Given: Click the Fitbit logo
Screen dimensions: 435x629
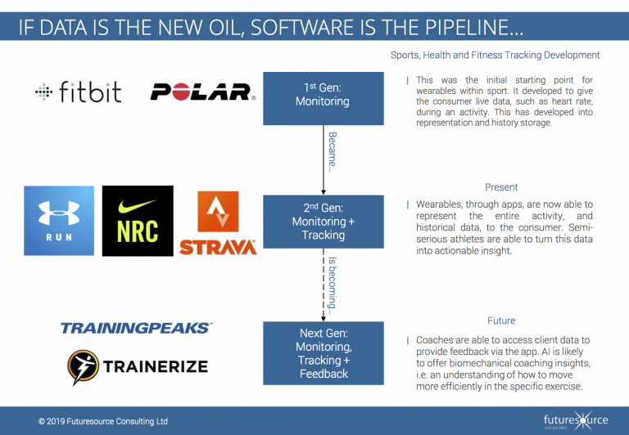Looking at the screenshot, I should point(78,92).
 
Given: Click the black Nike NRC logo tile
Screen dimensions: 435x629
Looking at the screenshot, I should point(138,221).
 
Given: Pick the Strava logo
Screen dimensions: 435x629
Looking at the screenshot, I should point(218,222).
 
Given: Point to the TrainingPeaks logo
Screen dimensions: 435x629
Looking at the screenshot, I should point(136,328).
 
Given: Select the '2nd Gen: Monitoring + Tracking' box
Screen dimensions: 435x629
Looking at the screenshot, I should point(323,222).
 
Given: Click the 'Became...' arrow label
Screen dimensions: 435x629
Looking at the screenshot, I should point(332,148).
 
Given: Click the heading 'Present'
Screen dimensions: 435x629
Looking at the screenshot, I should point(501,187).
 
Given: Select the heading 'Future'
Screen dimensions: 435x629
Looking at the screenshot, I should point(501,321).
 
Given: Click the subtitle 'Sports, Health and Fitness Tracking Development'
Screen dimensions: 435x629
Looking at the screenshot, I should point(496,56).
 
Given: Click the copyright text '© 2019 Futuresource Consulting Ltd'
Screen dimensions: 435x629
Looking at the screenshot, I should point(103,421).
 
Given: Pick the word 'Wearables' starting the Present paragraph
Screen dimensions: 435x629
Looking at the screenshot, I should point(443,204).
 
